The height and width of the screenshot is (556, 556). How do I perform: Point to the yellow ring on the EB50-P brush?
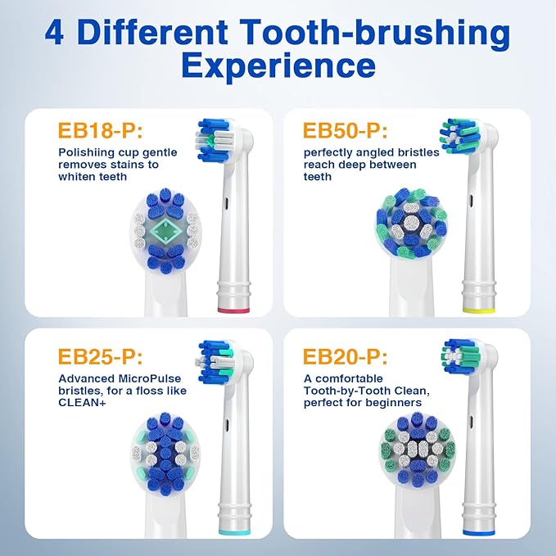(478, 309)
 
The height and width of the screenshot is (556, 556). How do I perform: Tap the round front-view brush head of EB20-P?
(413, 449)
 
